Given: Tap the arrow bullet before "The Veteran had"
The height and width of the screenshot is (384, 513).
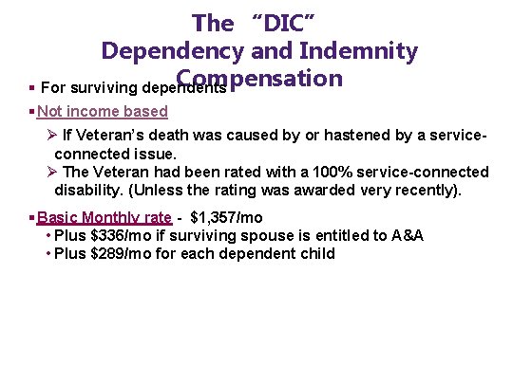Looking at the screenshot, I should pyautogui.click(x=52, y=172).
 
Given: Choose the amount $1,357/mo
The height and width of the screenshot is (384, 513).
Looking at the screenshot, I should pyautogui.click(x=227, y=217).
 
